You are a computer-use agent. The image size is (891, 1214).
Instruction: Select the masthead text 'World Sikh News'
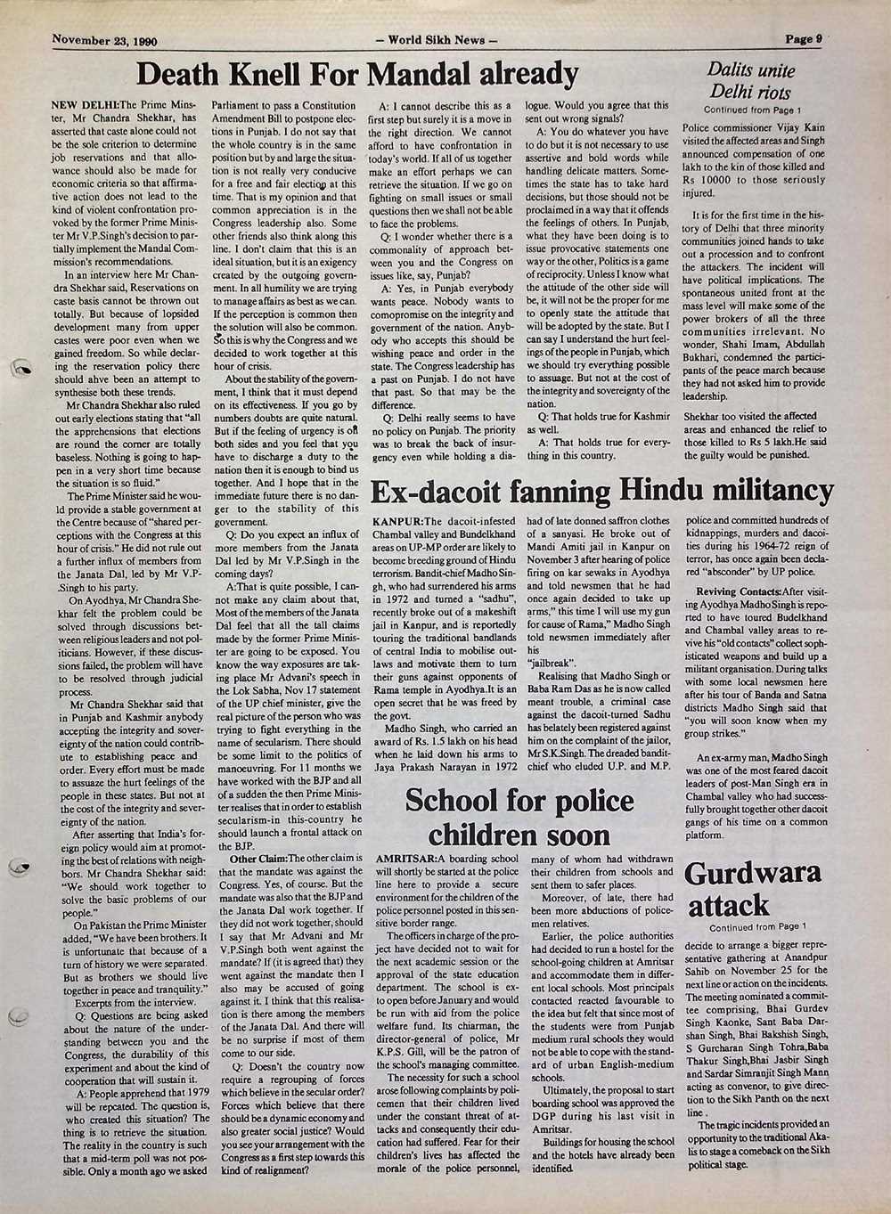(x=437, y=40)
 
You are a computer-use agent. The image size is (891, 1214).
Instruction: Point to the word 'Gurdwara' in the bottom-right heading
(x=753, y=872)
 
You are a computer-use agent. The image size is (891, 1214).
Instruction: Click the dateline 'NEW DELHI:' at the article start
(x=86, y=106)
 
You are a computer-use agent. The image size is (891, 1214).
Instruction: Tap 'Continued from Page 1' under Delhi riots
(x=753, y=110)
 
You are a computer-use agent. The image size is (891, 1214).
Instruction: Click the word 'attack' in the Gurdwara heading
(x=728, y=906)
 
